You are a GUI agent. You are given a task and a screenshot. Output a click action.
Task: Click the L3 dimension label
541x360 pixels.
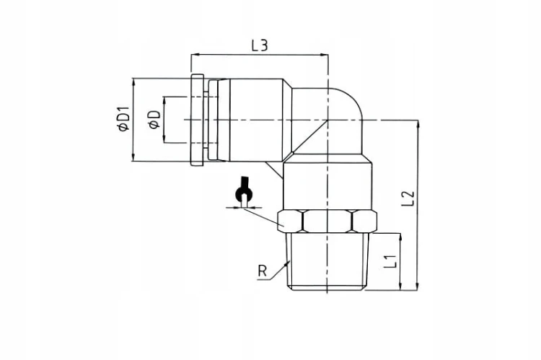(260, 45)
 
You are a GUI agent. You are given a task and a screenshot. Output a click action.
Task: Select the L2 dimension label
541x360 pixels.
(408, 198)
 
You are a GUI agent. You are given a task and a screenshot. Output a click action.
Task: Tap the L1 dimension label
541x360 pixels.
(390, 261)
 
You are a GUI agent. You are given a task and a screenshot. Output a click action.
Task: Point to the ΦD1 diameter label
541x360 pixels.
(123, 119)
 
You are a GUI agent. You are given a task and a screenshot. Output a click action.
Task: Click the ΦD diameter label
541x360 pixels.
(154, 120)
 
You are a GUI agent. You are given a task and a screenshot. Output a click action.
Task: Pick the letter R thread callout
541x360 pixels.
(263, 271)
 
